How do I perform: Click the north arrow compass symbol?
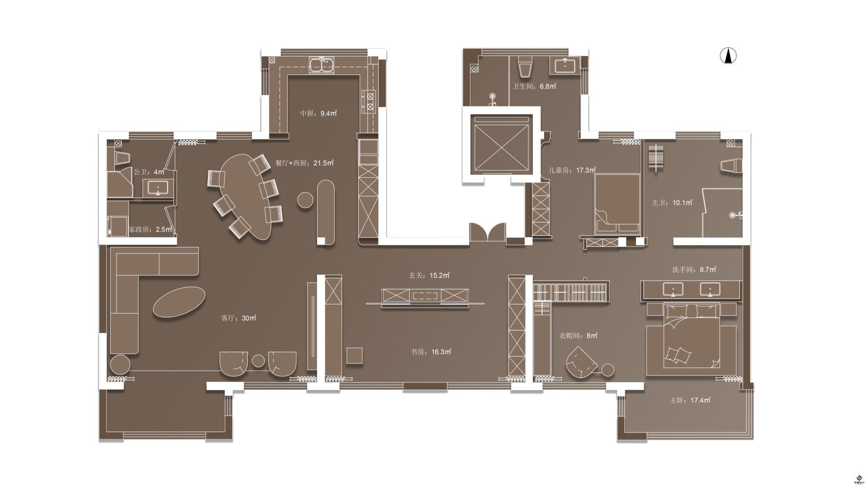(728, 56)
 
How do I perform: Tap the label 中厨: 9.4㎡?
(319, 113)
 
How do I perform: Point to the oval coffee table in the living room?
(179, 302)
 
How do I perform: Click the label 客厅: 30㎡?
(239, 318)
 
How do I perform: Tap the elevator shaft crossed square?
(501, 144)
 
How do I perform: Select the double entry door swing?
(488, 232)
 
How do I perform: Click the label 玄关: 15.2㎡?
(429, 276)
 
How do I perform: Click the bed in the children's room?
(617, 204)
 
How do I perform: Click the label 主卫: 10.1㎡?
(672, 203)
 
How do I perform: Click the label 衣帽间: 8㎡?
(578, 336)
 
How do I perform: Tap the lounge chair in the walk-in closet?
(581, 363)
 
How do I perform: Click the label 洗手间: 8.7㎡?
(694, 269)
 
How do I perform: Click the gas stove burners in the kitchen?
(369, 101)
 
